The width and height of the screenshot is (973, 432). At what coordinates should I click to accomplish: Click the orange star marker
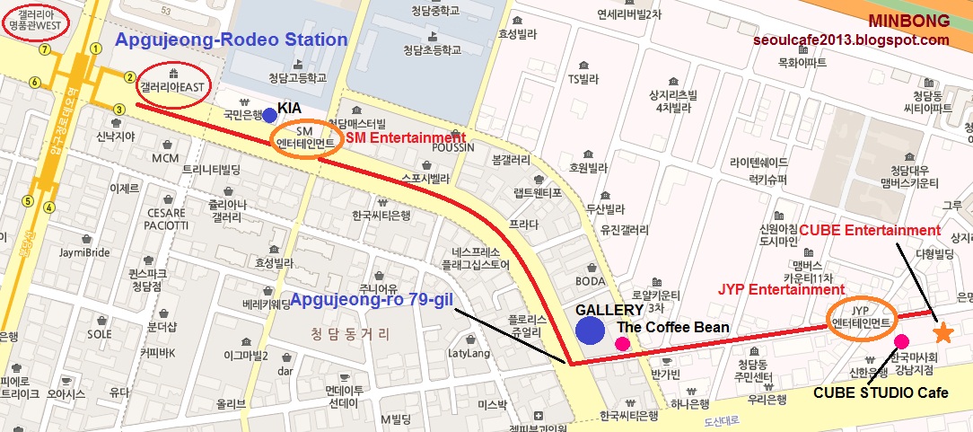click(942, 333)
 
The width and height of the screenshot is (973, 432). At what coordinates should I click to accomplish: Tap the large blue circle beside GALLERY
click(589, 331)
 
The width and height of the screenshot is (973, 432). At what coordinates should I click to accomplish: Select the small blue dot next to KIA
click(269, 114)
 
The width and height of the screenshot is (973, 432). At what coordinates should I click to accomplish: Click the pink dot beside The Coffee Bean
click(622, 343)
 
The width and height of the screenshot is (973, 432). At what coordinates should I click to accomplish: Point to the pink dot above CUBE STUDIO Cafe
click(901, 340)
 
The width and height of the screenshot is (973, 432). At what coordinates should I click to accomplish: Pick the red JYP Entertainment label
click(781, 289)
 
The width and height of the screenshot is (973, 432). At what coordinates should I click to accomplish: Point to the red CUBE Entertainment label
click(870, 231)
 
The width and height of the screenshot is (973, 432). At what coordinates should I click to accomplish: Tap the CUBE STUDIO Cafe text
click(870, 392)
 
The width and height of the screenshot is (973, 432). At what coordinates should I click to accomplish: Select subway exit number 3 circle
click(119, 110)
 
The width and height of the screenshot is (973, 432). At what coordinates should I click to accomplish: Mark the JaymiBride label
click(85, 252)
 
